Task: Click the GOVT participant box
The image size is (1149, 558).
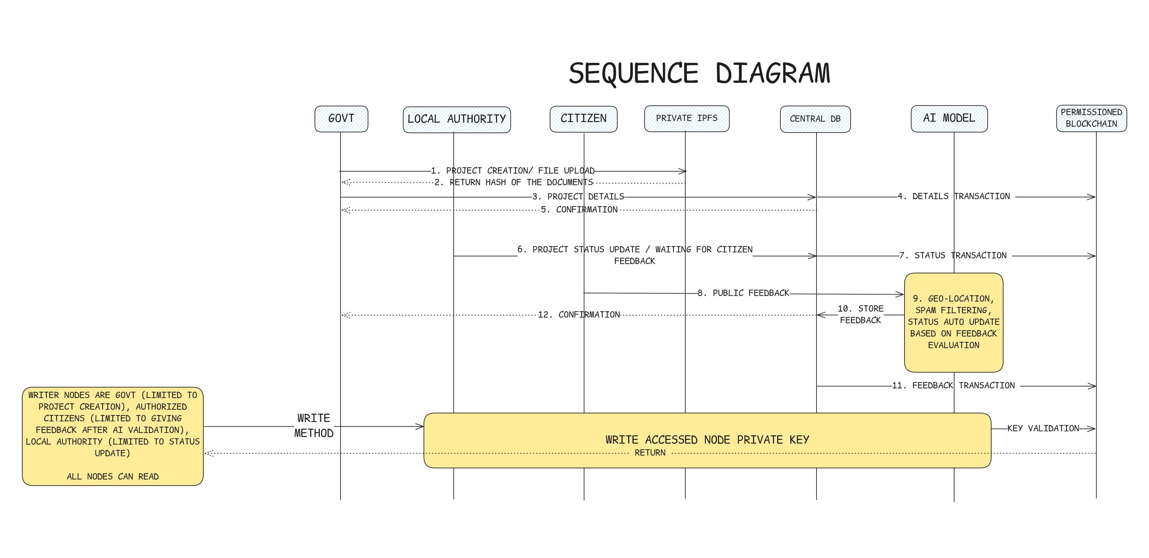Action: pos(341,119)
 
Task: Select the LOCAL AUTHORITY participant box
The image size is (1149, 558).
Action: pos(456,119)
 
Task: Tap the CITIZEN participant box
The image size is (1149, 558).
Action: pos(583,119)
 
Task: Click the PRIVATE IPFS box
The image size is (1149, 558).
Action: pos(687,118)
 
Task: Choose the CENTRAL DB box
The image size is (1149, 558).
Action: pos(815,119)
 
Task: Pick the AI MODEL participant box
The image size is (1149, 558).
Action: pos(949,118)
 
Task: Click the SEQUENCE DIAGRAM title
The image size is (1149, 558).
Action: pos(699,73)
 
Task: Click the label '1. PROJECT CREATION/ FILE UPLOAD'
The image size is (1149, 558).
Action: pos(513,171)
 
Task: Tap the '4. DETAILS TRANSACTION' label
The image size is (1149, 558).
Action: pos(954,197)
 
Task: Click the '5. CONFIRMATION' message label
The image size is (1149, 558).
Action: pos(579,210)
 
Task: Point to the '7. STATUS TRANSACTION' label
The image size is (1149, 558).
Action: pos(953,255)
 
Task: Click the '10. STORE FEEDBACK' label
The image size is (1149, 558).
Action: pos(860,314)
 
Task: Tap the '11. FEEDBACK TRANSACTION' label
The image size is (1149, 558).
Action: pos(953,385)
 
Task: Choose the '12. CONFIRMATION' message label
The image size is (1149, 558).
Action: pos(579,315)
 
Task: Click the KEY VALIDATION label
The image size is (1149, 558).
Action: pos(1043,428)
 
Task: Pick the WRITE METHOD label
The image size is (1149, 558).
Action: pos(314,425)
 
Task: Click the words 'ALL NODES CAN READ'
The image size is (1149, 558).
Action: pos(113,476)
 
